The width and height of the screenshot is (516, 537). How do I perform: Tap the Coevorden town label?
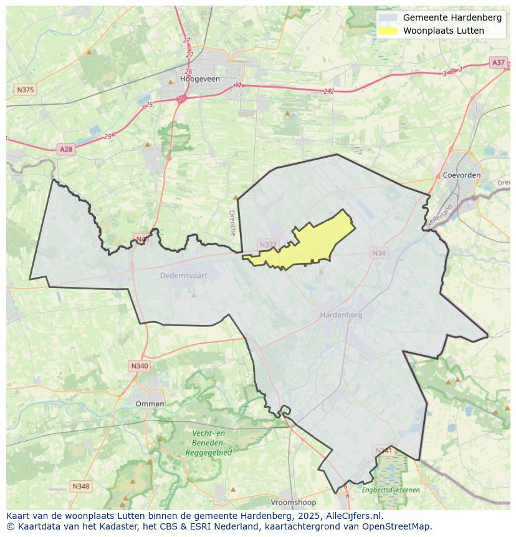click(461, 175)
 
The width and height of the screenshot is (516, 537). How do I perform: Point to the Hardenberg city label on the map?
click(341, 315)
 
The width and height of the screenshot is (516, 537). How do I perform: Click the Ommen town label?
click(150, 404)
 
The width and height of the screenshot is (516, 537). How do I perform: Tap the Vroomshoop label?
click(294, 502)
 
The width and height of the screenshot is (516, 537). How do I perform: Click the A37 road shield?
click(498, 62)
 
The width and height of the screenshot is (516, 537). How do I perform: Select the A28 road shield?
click(65, 149)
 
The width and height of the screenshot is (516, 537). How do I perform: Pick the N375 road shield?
click(25, 90)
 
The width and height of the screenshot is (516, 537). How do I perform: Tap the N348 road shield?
click(80, 486)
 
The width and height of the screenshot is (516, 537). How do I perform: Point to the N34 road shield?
click(378, 253)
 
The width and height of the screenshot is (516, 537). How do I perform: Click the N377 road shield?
click(267, 244)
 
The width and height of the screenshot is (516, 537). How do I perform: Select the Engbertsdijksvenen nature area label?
click(391, 490)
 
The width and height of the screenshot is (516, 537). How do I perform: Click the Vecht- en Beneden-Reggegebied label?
click(208, 443)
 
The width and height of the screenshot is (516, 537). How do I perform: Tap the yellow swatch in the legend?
click(388, 31)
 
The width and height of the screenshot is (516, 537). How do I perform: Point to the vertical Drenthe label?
click(232, 221)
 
